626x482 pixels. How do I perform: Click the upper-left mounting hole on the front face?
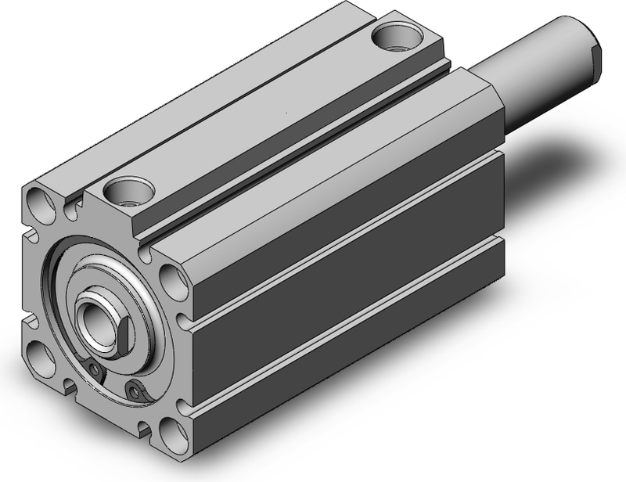tap(41, 203)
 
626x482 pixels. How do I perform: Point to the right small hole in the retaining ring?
tap(135, 389)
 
